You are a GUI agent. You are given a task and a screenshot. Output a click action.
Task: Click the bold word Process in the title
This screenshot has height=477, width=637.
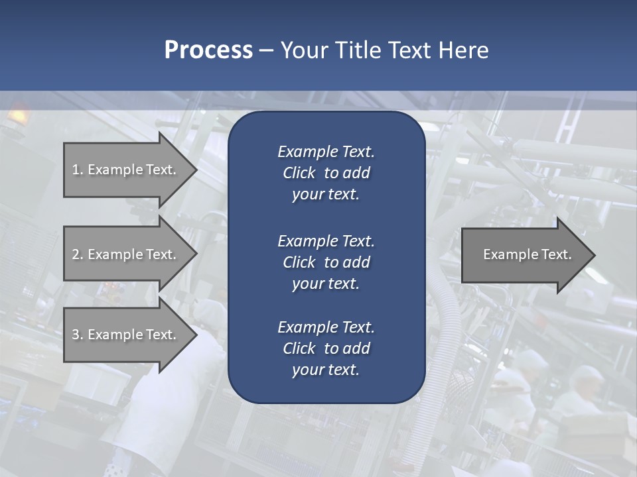208,50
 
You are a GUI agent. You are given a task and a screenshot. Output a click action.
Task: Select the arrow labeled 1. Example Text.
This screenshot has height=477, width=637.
126,170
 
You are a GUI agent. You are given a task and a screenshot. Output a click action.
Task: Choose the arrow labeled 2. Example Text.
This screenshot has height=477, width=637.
126,254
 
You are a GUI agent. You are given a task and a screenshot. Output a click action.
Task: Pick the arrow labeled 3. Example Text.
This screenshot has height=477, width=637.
126,335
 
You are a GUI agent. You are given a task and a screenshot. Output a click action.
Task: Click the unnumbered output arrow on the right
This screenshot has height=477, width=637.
524,254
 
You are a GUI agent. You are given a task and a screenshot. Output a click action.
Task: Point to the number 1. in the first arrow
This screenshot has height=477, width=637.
77,170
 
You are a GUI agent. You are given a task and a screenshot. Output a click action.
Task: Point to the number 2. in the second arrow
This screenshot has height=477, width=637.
77,254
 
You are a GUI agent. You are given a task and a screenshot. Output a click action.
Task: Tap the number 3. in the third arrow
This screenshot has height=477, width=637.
77,335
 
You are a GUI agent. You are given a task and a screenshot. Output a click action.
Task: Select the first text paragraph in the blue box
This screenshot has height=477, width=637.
326,173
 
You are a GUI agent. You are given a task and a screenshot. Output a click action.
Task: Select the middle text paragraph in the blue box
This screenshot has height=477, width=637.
326,262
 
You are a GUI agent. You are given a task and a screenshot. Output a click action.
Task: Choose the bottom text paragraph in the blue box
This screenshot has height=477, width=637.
326,348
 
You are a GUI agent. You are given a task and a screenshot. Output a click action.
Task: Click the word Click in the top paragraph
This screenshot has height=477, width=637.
299,173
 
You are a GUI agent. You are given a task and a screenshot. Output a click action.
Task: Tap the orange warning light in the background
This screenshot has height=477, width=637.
18,115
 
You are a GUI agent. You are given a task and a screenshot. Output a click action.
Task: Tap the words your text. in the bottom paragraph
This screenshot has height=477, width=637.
326,370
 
